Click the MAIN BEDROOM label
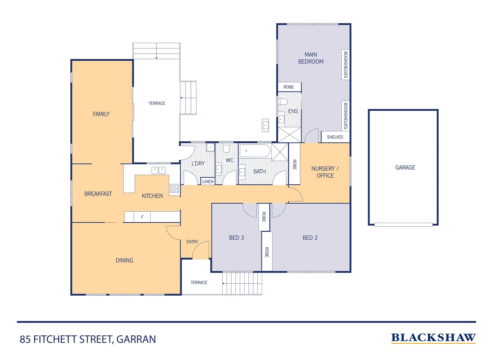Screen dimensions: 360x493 pyautogui.click(x=310, y=58)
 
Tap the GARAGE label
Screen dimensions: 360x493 pyautogui.click(x=405, y=168)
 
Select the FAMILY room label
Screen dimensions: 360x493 pyautogui.click(x=101, y=114)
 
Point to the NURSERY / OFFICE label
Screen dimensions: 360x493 pyautogui.click(x=325, y=172)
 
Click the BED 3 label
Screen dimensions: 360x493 pyautogui.click(x=236, y=238)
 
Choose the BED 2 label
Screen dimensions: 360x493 pyautogui.click(x=310, y=238)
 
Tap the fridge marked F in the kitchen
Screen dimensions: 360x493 pyautogui.click(x=142, y=217)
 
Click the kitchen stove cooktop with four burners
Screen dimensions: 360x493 pyautogui.click(x=175, y=188)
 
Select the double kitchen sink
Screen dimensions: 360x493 pyautogui.click(x=159, y=170)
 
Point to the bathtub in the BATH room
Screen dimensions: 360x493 pyautogui.click(x=255, y=151)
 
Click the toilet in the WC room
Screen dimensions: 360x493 pyautogui.click(x=227, y=148)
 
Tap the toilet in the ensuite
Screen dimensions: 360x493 pyautogui.click(x=283, y=101)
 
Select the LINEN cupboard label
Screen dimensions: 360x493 pyautogui.click(x=208, y=182)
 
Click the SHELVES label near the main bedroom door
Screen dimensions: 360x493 pyautogui.click(x=335, y=137)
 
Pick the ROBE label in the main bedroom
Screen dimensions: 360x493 pyautogui.click(x=288, y=87)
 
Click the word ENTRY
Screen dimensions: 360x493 pyautogui.click(x=192, y=242)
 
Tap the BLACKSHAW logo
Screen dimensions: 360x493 pyautogui.click(x=433, y=338)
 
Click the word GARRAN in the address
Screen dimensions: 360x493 pyautogui.click(x=136, y=339)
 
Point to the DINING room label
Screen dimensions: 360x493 pyautogui.click(x=124, y=260)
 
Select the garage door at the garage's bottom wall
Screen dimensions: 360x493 pyautogui.click(x=403, y=225)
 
